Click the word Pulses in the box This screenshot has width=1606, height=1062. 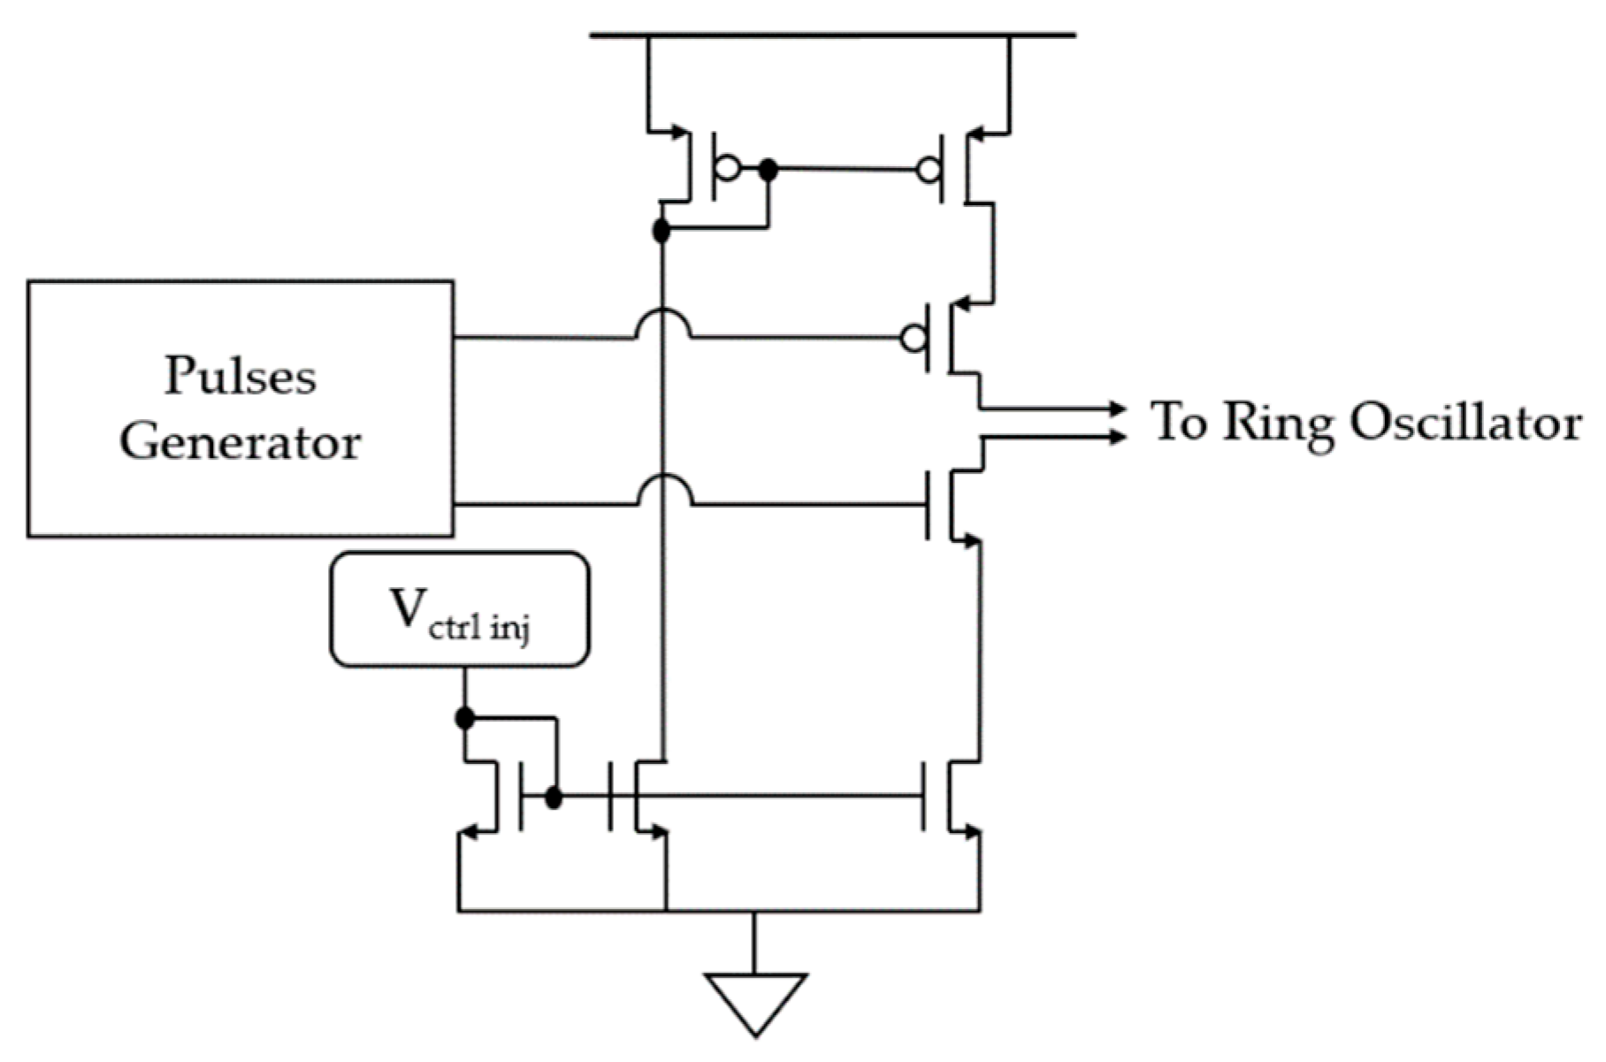(240, 377)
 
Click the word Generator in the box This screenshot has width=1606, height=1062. (240, 441)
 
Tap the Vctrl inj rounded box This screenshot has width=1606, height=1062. (459, 609)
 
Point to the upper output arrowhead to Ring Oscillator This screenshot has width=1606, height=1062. (1118, 409)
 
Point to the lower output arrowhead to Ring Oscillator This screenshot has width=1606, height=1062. (1118, 436)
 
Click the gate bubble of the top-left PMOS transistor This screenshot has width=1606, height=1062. (728, 168)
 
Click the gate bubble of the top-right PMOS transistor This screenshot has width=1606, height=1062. (928, 169)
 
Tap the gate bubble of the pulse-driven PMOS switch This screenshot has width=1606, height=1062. (913, 338)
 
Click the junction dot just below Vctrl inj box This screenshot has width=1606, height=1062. (464, 718)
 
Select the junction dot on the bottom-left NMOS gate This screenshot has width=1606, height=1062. (554, 798)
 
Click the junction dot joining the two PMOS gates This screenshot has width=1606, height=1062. (769, 169)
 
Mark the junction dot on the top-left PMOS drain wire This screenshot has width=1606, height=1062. (661, 232)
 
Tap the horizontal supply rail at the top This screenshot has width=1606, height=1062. (831, 35)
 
